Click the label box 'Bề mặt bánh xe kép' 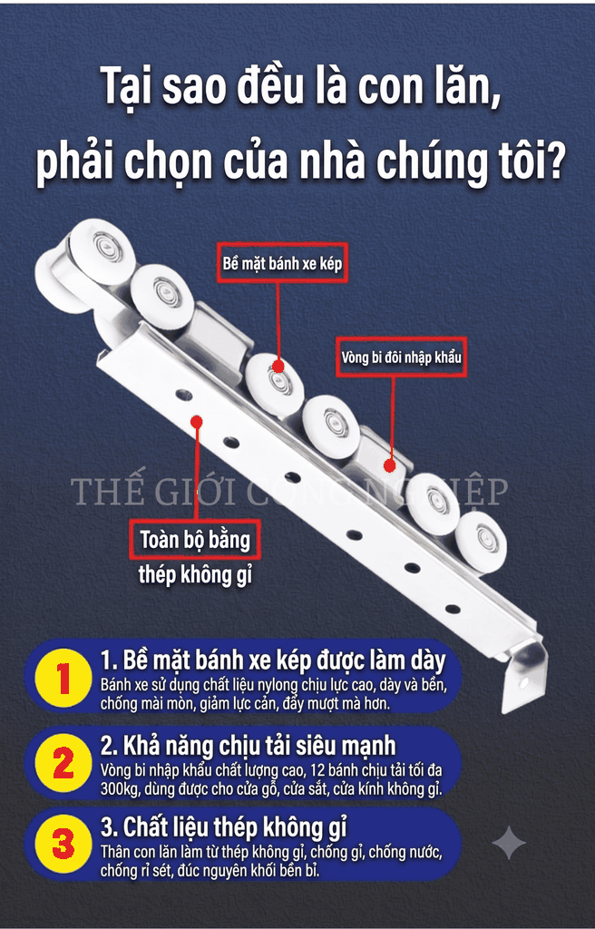282,262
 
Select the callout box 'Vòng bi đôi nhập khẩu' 401,357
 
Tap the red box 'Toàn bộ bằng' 195,540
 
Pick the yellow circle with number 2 63,764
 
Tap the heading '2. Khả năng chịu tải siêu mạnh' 248,746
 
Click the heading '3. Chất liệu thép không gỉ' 223,826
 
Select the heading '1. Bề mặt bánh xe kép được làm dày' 273,660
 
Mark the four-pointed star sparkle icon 509,842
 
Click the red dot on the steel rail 197,421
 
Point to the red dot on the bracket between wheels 389,465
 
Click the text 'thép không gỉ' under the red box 195,574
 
